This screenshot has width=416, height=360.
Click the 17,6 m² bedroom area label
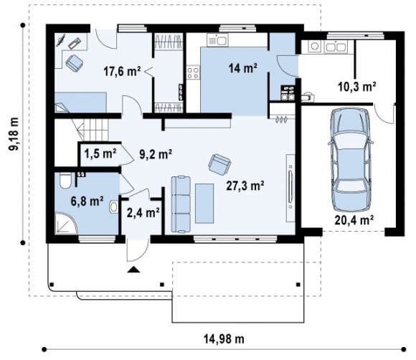(122, 71)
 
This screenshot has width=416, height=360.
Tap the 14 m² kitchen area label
(242, 68)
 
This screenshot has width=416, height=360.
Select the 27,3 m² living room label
(245, 186)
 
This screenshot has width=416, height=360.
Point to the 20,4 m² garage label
(354, 219)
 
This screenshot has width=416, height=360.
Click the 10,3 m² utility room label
(357, 86)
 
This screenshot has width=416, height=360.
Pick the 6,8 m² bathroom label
(87, 201)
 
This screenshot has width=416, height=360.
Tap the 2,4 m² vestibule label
(143, 213)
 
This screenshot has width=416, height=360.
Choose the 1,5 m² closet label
(100, 153)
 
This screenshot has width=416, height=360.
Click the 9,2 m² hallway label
(156, 154)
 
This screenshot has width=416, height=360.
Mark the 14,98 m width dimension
(224, 338)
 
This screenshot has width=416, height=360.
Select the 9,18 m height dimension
(13, 134)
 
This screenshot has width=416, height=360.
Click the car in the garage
(351, 159)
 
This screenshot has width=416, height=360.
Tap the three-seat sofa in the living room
(181, 204)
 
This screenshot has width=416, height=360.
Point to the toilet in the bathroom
(65, 181)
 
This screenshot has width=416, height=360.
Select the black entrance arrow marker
(133, 270)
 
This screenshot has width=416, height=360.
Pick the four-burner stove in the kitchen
(193, 72)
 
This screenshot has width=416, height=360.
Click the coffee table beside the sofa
(204, 204)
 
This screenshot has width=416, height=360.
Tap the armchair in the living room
(219, 164)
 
